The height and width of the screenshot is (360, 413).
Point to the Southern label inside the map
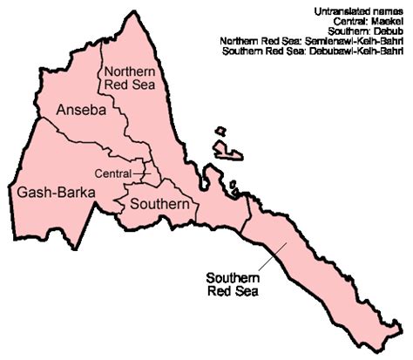[159, 204]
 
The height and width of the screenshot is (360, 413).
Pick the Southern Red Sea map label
[233, 284]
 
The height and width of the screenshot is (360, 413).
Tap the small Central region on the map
[149, 173]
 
